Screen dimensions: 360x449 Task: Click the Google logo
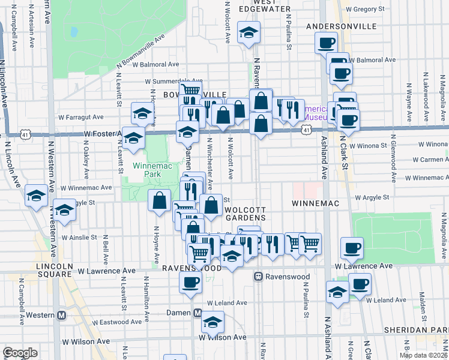pyautogui.click(x=20, y=353)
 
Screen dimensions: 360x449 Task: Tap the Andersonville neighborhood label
pyautogui.click(x=341, y=27)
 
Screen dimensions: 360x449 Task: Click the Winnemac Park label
pyautogui.click(x=143, y=166)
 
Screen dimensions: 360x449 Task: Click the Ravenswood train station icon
pyautogui.click(x=259, y=277)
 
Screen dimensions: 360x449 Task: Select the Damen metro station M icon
pyautogui.click(x=197, y=313)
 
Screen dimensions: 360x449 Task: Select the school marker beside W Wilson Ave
pyautogui.click(x=211, y=322)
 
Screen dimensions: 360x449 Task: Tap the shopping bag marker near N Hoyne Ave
pyautogui.click(x=160, y=200)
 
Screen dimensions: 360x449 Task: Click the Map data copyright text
pyautogui.click(x=424, y=355)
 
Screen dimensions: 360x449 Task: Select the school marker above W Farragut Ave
pyautogui.click(x=142, y=112)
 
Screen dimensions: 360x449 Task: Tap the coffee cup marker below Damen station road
pyautogui.click(x=191, y=281)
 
